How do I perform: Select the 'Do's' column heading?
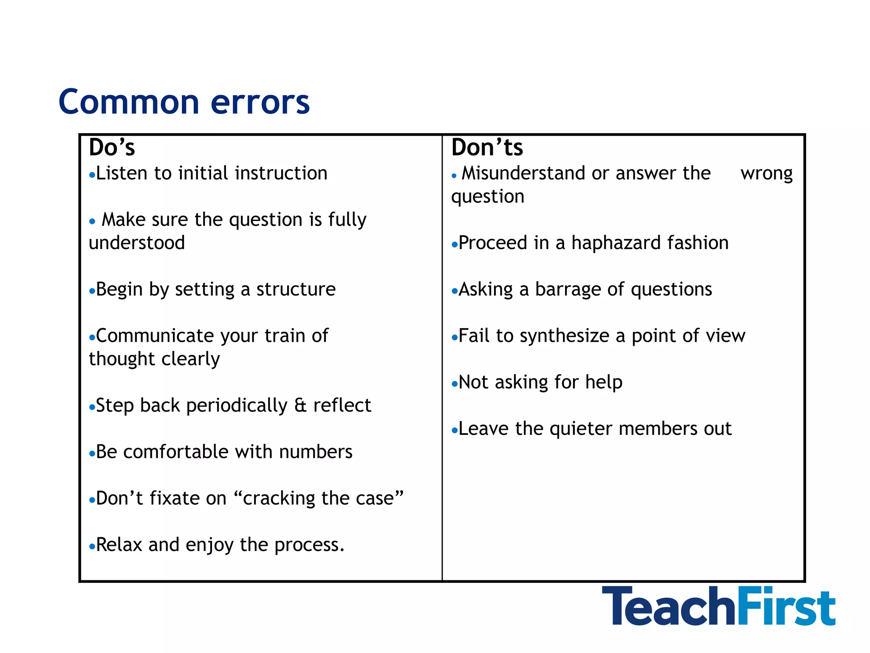tap(112, 148)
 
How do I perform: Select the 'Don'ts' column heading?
tap(487, 148)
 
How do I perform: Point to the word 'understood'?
tap(137, 243)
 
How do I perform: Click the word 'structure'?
tap(296, 290)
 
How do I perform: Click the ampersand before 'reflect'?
tap(300, 406)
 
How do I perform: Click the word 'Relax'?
tap(119, 545)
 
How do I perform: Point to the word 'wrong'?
tap(766, 174)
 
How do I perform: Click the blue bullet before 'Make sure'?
tap(92, 221)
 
